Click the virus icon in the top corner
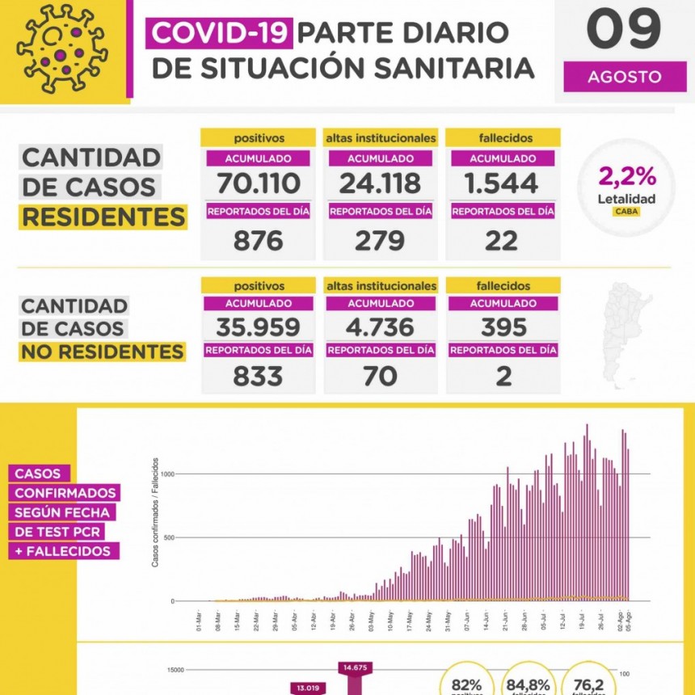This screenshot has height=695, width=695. pos(61,48)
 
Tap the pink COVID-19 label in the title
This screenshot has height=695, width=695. pos(220,32)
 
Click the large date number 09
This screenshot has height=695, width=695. pos(623,31)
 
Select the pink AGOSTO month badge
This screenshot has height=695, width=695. pos(624,78)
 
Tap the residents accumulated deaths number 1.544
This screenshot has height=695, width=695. pos(502,183)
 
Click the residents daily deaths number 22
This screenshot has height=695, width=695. pos(502,240)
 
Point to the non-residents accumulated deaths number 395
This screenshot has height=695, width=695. pos(502,326)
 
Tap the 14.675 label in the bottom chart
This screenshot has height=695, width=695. pos(356,668)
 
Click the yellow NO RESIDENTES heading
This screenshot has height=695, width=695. pos(103,352)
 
